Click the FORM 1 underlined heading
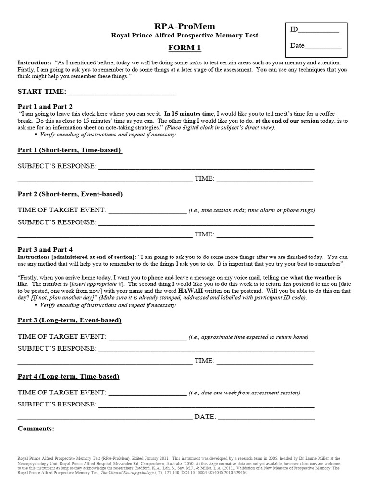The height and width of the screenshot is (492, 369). (184, 48)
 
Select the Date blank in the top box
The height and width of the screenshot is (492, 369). (323, 47)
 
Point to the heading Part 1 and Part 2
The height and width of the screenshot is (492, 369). (45, 106)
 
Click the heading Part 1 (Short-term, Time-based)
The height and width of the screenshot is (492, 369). (70, 150)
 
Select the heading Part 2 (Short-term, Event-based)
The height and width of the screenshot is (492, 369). (70, 194)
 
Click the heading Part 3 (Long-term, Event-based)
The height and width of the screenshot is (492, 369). (69, 320)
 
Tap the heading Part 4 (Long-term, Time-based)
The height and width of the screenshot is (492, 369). (69, 376)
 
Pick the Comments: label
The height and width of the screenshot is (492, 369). (36, 428)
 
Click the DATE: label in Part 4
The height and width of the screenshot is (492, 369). (205, 417)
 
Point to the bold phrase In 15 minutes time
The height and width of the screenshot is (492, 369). (190, 113)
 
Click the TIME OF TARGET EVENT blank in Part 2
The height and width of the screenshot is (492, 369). (147, 210)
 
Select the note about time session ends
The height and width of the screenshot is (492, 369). (252, 210)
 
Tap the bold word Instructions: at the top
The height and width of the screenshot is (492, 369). (35, 63)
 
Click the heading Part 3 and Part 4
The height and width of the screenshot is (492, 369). (45, 249)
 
